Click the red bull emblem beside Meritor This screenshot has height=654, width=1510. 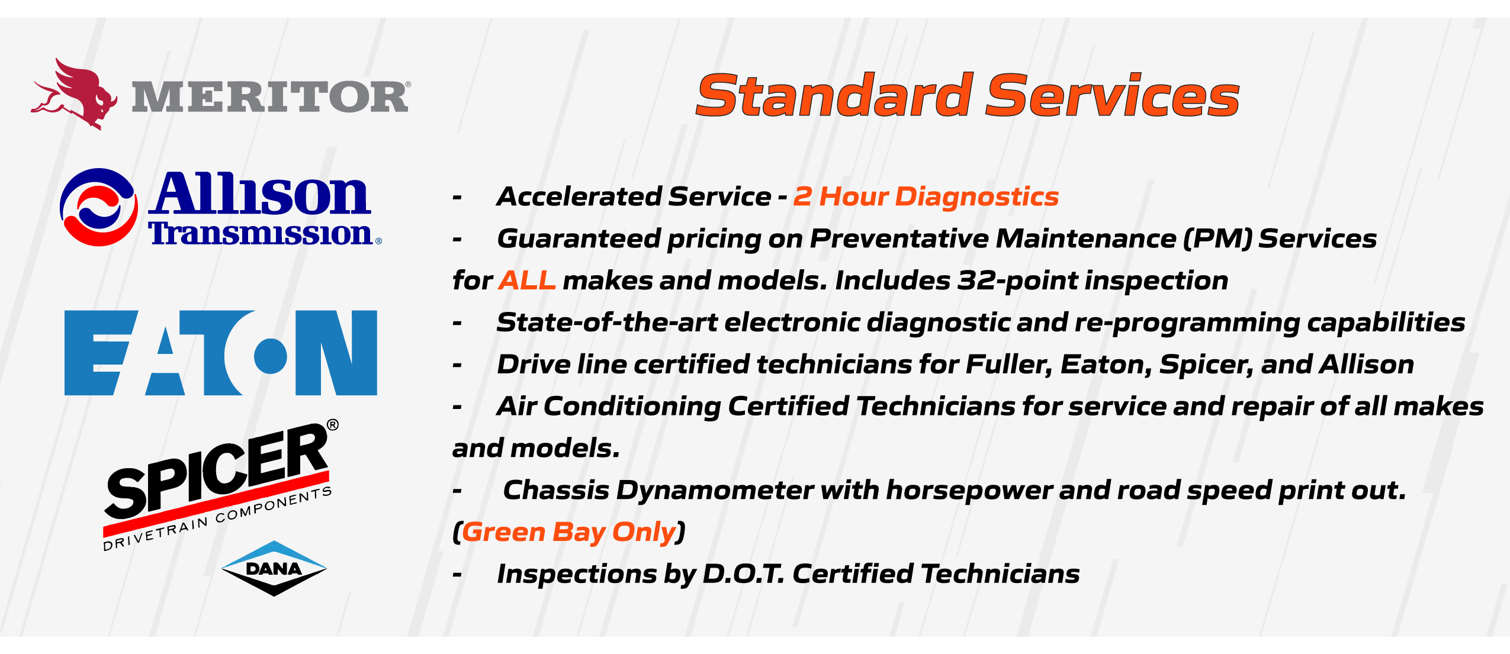tap(74, 94)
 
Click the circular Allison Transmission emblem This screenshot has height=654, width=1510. tap(99, 207)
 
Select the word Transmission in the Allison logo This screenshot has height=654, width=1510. tap(261, 233)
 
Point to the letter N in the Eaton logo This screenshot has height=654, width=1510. tap(336, 353)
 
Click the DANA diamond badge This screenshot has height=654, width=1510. tap(274, 568)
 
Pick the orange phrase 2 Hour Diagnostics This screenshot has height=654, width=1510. tap(926, 196)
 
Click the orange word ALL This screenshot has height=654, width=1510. tap(527, 281)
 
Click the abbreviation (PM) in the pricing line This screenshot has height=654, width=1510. tap(1217, 239)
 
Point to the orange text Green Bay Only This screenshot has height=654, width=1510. tap(568, 532)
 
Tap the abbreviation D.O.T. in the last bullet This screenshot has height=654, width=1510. tap(744, 574)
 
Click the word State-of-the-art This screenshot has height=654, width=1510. tap(608, 323)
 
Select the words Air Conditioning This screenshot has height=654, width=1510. tap(609, 407)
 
